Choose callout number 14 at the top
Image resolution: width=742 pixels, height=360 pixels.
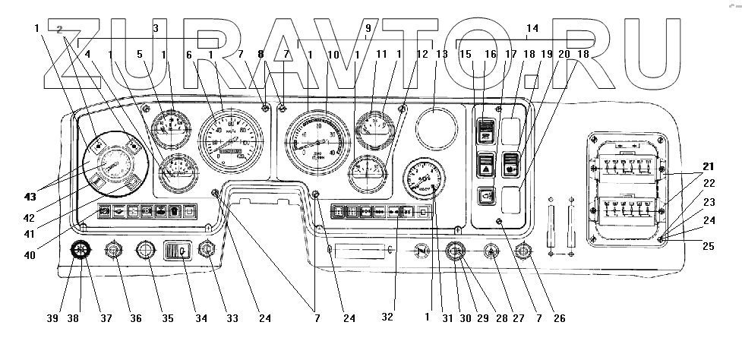click(x=532, y=30)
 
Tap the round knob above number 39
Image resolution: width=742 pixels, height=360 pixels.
click(x=80, y=250)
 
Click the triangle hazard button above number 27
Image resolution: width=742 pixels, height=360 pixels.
click(x=491, y=250)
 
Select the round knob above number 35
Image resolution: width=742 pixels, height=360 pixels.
click(x=144, y=250)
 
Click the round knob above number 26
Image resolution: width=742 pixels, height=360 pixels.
click(x=523, y=250)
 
